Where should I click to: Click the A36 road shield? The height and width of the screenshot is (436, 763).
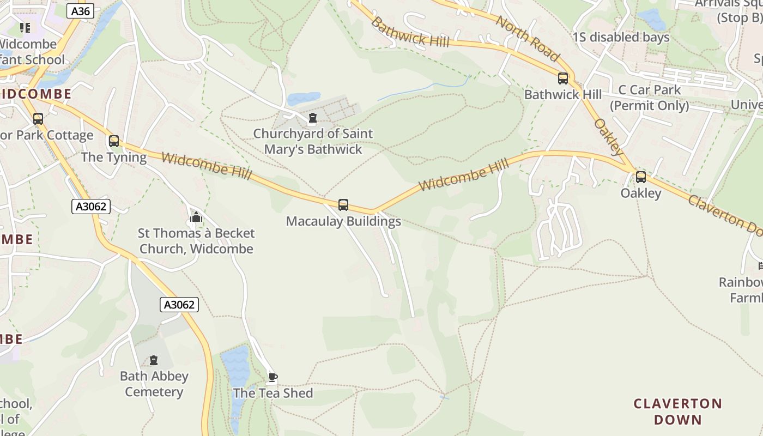(81, 11)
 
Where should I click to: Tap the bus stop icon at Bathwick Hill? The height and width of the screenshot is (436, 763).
(563, 78)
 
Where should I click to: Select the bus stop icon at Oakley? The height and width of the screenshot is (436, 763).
(641, 177)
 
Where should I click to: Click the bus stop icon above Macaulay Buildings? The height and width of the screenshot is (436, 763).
(343, 205)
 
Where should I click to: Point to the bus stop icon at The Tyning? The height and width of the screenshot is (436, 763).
(113, 141)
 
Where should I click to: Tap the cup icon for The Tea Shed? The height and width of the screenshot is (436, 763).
(272, 377)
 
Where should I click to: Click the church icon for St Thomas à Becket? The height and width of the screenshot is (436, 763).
(196, 217)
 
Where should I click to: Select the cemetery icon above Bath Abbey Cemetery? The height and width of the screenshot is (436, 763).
(154, 360)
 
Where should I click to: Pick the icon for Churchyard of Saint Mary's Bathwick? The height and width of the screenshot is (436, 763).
(312, 118)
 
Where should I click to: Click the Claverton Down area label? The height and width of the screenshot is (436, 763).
(677, 411)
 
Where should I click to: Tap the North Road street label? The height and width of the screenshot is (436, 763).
(528, 38)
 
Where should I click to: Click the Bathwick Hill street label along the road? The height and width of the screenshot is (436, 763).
(410, 32)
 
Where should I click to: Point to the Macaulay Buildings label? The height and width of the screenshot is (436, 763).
(343, 221)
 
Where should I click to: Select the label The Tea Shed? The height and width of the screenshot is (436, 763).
(273, 393)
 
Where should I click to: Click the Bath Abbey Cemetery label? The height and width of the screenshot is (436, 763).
(154, 384)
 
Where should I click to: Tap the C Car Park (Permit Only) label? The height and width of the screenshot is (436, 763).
(649, 98)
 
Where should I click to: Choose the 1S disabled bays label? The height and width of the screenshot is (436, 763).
(621, 38)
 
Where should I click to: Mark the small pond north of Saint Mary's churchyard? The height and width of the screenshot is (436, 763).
(303, 99)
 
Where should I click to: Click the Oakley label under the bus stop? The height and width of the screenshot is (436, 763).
(641, 193)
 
